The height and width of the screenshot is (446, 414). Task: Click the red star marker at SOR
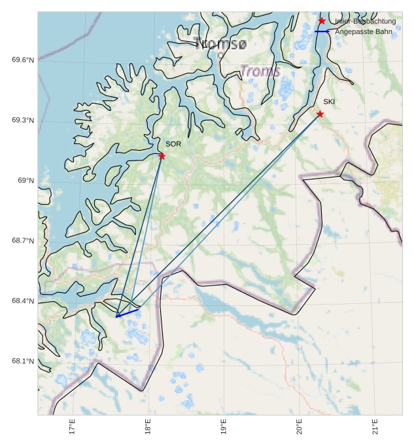pos(162,156)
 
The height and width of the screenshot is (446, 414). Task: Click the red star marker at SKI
pos(320,114)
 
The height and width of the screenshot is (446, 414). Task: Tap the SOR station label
pos(173,144)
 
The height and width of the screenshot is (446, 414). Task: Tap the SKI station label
pos(329,102)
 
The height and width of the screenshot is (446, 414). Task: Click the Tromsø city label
pos(221,44)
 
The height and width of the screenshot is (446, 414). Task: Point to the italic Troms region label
pos(260,71)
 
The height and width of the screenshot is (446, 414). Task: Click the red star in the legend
pos(322,22)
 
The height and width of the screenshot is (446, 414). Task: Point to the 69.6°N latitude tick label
pos(23,60)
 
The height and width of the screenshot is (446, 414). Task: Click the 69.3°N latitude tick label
pos(23,121)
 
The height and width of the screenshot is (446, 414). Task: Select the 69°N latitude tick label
pos(26,181)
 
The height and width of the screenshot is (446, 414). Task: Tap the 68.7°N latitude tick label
pos(23,241)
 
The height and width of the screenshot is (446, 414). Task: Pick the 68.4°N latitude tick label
pos(23,301)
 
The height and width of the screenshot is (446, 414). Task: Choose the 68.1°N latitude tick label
pos(23,362)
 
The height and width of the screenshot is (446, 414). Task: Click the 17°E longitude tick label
pos(73,426)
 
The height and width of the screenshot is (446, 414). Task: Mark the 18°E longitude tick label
pos(148,426)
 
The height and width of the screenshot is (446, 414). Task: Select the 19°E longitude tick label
pos(224,426)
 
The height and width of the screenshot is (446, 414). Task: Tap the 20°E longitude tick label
pos(300,426)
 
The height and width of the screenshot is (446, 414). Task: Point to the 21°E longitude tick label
pos(375,426)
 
